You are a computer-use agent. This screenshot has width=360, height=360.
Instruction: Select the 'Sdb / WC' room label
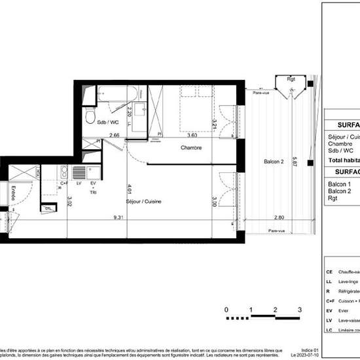click(108, 122)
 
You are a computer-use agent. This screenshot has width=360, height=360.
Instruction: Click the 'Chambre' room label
click(191, 148)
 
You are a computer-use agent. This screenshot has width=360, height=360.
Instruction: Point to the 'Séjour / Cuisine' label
click(144, 202)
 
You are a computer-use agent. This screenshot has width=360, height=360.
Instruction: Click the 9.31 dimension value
click(118, 217)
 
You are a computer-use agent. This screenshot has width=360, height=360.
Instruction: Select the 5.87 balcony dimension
click(295, 161)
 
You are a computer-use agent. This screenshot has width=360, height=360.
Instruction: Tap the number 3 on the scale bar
click(299, 310)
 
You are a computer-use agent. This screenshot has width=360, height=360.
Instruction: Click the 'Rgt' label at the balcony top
click(291, 79)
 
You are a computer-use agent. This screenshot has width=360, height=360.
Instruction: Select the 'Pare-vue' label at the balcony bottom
click(278, 231)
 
